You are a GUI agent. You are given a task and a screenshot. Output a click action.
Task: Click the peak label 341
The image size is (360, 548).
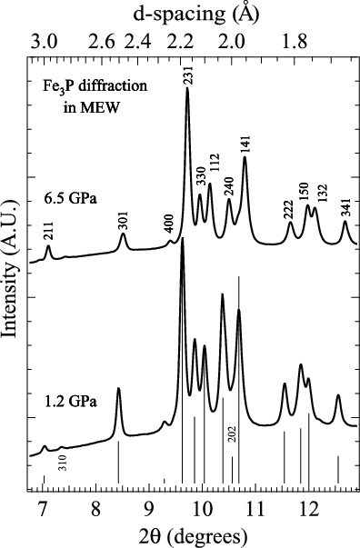coord(345,207)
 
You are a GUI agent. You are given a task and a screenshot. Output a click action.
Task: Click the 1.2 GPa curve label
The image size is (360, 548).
coord(65,399)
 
